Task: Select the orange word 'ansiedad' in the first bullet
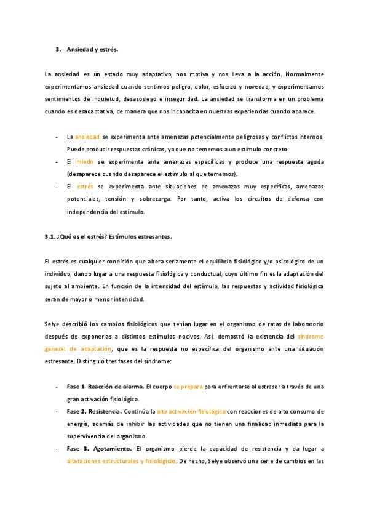click(87, 136)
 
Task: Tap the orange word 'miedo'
click(85, 161)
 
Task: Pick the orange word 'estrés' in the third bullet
click(86, 187)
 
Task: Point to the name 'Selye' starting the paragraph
click(54, 324)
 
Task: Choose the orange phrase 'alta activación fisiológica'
click(191, 411)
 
